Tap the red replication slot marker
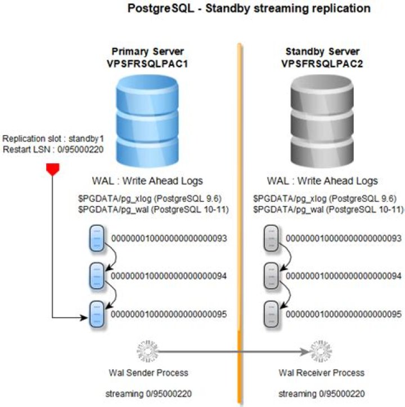click(x=52, y=169)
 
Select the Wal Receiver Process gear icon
click(x=322, y=351)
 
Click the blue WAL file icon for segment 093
click(x=97, y=239)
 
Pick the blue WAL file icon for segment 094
click(x=97, y=276)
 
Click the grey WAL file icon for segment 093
click(x=272, y=239)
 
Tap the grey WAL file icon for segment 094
click(x=272, y=276)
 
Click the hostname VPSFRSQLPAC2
click(x=321, y=64)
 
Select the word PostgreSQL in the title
click(x=155, y=8)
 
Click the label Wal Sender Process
click(x=148, y=373)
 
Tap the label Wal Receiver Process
click(x=321, y=373)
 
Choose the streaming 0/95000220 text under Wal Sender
click(x=148, y=393)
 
